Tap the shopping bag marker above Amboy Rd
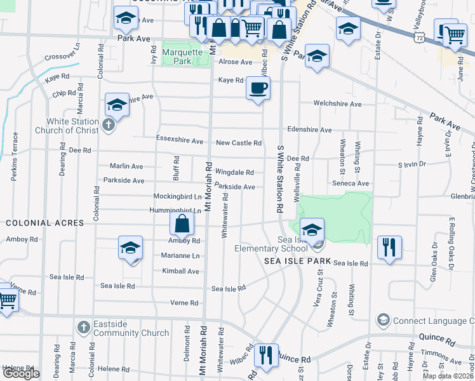[x=182, y=224]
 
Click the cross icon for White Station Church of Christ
[x=109, y=124]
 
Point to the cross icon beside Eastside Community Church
[x=83, y=328]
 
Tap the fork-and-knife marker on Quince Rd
[x=266, y=356]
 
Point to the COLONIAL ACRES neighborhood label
[x=45, y=223]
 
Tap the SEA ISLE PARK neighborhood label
[x=298, y=262]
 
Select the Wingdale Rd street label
[x=234, y=172]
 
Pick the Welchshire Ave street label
[x=338, y=104]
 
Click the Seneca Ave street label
[x=350, y=184]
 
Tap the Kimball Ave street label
[x=180, y=271]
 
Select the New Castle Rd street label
[x=239, y=144]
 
